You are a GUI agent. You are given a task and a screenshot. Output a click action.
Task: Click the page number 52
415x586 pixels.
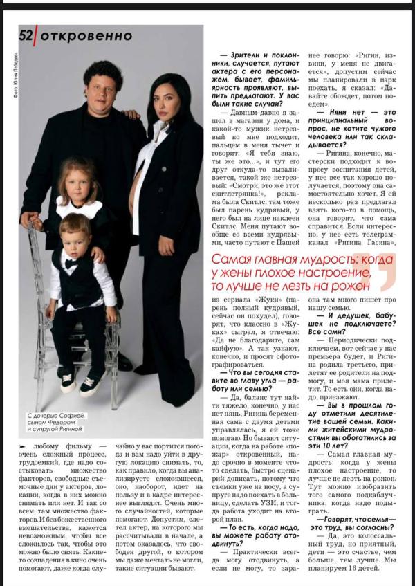click(x=26, y=35)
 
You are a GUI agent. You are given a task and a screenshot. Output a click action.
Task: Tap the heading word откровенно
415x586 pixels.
click(x=86, y=35)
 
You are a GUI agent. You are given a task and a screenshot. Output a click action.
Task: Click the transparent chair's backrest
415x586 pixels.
click(x=41, y=263)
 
